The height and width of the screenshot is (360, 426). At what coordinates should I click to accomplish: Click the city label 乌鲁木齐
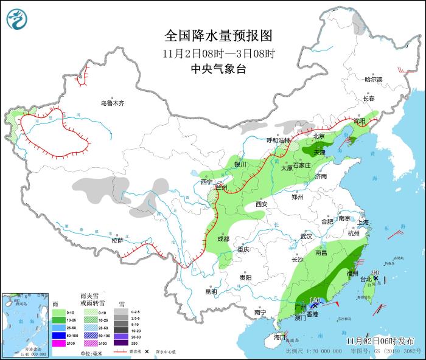[113, 103]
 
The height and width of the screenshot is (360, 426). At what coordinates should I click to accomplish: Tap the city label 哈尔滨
[373, 80]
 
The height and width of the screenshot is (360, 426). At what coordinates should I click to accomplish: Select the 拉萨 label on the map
[117, 240]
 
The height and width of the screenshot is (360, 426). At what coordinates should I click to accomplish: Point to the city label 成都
[222, 239]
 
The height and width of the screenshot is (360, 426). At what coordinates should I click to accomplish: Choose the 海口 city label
[279, 336]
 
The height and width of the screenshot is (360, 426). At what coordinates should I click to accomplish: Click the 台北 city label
[366, 280]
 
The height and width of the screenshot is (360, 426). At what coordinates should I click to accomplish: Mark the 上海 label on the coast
[364, 222]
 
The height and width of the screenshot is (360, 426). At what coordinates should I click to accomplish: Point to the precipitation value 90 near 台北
[375, 272]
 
